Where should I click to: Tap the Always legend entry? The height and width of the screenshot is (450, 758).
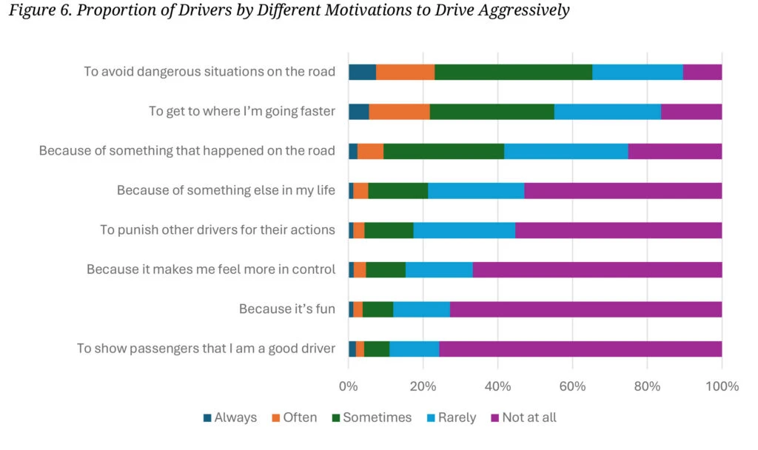pyautogui.click(x=230, y=417)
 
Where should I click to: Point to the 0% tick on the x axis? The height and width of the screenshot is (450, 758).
pyautogui.click(x=348, y=386)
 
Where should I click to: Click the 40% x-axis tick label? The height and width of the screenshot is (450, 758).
pyautogui.click(x=497, y=386)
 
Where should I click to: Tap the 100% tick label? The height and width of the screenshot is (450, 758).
pyautogui.click(x=722, y=386)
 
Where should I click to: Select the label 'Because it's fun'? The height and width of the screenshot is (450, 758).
pyautogui.click(x=287, y=309)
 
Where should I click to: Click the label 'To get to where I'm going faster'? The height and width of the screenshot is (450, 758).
pyautogui.click(x=242, y=111)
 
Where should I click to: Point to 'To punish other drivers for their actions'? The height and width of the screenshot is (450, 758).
pyautogui.click(x=218, y=229)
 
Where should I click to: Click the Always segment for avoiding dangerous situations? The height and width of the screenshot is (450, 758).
pyautogui.click(x=362, y=72)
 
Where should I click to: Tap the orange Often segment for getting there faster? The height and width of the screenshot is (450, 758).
pyautogui.click(x=399, y=111)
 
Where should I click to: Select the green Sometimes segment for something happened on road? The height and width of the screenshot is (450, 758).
pyautogui.click(x=443, y=151)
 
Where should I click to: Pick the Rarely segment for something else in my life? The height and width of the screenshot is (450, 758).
pyautogui.click(x=476, y=190)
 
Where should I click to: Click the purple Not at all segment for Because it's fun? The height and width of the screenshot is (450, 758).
pyautogui.click(x=586, y=309)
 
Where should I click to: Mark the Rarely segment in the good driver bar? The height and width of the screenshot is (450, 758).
pyautogui.click(x=414, y=349)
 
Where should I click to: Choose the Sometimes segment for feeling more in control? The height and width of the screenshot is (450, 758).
pyautogui.click(x=386, y=269)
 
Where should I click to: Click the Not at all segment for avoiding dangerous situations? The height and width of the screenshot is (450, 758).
pyautogui.click(x=702, y=72)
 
